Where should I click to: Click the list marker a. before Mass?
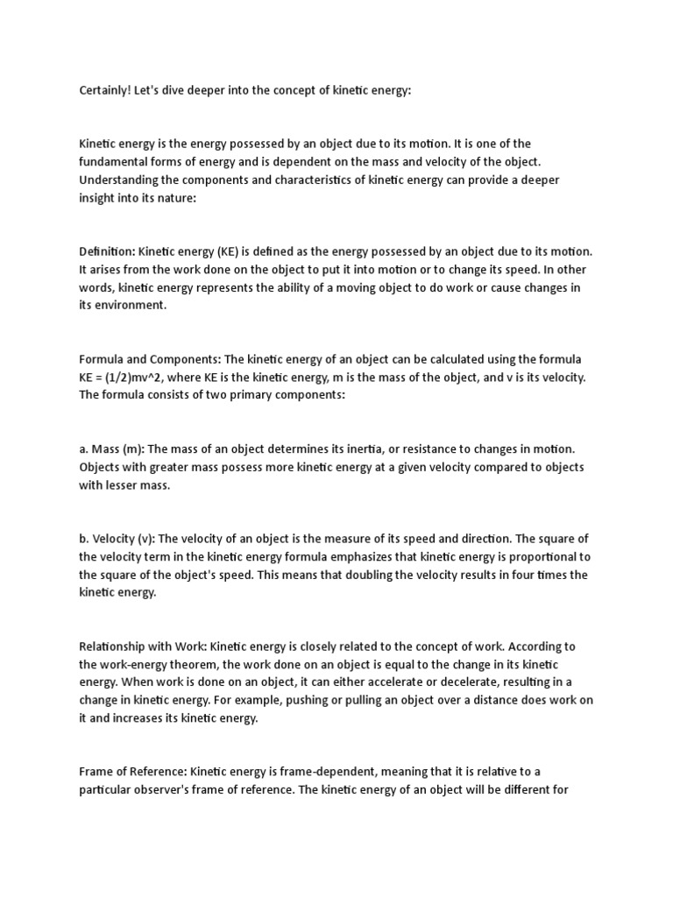tap(84, 448)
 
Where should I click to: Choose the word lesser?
tap(124, 484)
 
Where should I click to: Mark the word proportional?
tap(531, 556)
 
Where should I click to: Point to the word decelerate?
tap(459, 682)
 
